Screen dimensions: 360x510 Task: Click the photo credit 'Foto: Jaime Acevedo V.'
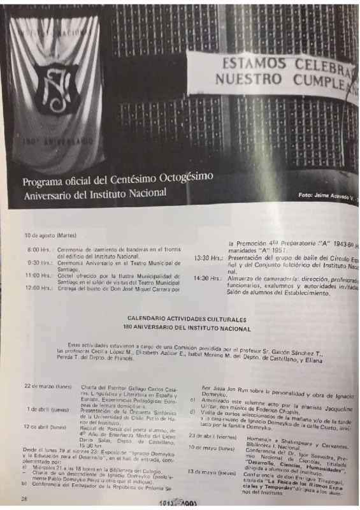click(324, 194)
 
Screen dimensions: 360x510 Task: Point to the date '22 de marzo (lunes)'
click(45, 386)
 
